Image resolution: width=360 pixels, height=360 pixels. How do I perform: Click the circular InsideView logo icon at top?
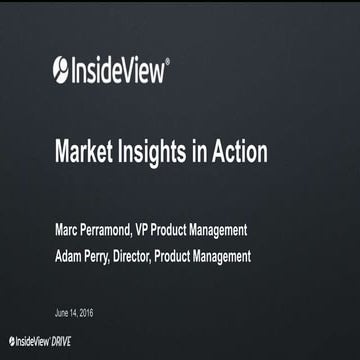point(61,69)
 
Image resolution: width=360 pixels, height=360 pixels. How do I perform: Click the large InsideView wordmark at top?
point(119,69)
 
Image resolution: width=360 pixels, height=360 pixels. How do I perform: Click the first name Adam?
point(71,257)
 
